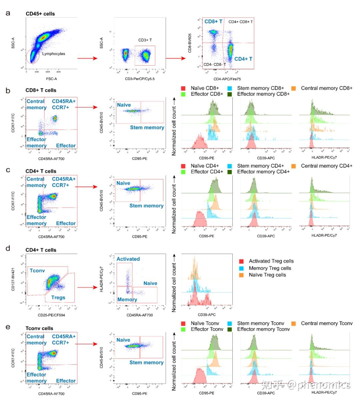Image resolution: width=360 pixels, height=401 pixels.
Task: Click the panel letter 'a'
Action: pyautogui.click(x=8, y=13)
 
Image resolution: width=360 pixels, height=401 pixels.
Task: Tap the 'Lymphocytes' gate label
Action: pyautogui.click(x=53, y=54)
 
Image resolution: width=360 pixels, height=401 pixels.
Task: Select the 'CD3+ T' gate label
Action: pyautogui.click(x=145, y=40)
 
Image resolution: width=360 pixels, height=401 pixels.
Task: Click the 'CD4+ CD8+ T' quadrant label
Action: pyautogui.click(x=240, y=22)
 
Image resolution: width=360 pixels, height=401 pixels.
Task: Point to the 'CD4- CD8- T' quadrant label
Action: pyautogui.click(x=214, y=64)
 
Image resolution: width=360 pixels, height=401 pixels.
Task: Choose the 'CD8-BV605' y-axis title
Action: pyautogui.click(x=190, y=43)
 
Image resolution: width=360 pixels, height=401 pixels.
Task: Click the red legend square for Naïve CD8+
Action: pyautogui.click(x=183, y=88)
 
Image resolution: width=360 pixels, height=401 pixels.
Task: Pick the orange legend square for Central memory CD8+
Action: pyautogui.click(x=294, y=88)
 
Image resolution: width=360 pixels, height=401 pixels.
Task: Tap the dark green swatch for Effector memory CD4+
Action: pyautogui.click(x=230, y=172)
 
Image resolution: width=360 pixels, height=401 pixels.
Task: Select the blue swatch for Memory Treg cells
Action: pyautogui.click(x=242, y=268)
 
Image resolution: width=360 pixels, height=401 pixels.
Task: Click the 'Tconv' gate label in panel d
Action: pyautogui.click(x=37, y=270)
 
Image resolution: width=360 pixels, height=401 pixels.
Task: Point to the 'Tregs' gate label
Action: pyautogui.click(x=58, y=297)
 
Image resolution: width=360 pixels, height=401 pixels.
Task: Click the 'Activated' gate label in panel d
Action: pyautogui.click(x=128, y=259)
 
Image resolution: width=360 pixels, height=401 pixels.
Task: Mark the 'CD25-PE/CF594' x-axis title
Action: pyautogui.click(x=51, y=315)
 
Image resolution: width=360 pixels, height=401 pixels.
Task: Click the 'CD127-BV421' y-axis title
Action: pyautogui.click(x=13, y=279)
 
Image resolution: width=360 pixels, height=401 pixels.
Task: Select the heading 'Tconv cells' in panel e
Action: pyautogui.click(x=39, y=328)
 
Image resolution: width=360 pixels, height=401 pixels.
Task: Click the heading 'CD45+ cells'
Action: pyautogui.click(x=40, y=14)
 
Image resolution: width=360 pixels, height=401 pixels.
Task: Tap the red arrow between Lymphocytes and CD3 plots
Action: pyautogui.click(x=87, y=59)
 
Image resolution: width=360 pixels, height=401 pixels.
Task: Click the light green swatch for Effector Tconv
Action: pyautogui.click(x=183, y=329)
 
